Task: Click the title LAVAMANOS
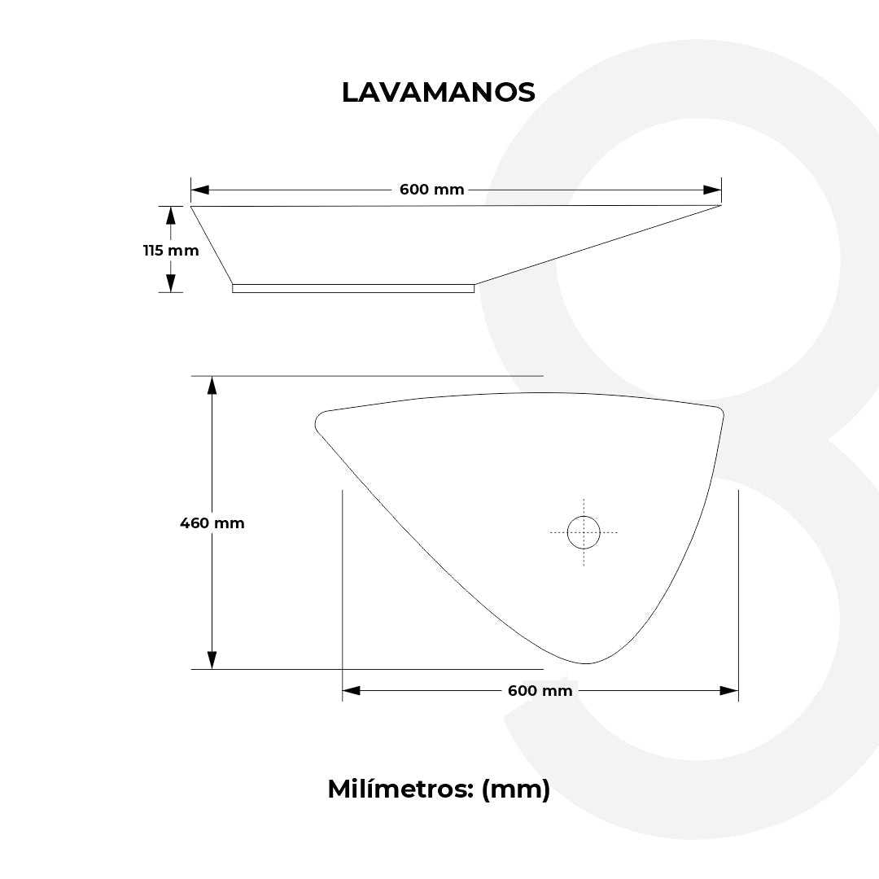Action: coord(439,93)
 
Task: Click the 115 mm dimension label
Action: coord(171,251)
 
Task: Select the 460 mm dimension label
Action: coord(212,523)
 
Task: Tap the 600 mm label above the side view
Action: coord(431,190)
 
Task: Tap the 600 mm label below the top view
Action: coord(540,691)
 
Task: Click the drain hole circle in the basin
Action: coord(584,532)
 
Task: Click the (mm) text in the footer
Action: coord(516,789)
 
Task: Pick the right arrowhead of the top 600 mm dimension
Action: coord(712,190)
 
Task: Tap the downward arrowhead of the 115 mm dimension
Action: coord(171,282)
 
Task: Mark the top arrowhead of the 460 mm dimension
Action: coord(212,386)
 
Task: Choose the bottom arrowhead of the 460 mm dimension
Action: coord(212,659)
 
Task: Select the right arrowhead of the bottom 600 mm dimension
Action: coord(728,691)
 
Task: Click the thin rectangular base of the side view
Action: coord(353,288)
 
